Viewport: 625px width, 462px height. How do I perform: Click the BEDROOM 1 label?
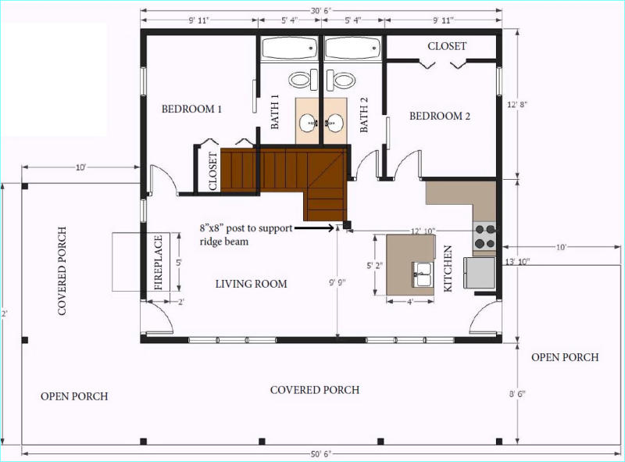point(191,109)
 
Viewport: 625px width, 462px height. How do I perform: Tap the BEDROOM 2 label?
point(440,116)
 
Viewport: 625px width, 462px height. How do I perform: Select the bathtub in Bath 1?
point(289,48)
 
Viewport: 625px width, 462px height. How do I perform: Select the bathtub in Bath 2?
point(352,48)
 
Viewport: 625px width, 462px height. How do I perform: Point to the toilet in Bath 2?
point(341,81)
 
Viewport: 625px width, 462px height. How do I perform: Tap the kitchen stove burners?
point(484,236)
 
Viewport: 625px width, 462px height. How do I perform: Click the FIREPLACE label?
point(159,263)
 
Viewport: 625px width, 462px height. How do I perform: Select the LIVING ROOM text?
point(251,284)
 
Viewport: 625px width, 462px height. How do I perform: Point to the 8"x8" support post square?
point(347,224)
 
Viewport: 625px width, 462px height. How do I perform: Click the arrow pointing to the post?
point(315,228)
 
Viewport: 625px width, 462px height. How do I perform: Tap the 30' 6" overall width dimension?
point(321,11)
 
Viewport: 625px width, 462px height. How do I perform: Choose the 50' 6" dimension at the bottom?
point(321,454)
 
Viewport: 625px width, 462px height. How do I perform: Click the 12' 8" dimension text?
point(517,105)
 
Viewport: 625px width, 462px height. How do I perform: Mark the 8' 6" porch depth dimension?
point(517,394)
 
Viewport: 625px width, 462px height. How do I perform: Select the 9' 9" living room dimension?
point(337,282)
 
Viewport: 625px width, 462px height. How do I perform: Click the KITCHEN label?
point(448,268)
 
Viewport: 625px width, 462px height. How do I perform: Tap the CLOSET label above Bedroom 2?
point(447,46)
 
